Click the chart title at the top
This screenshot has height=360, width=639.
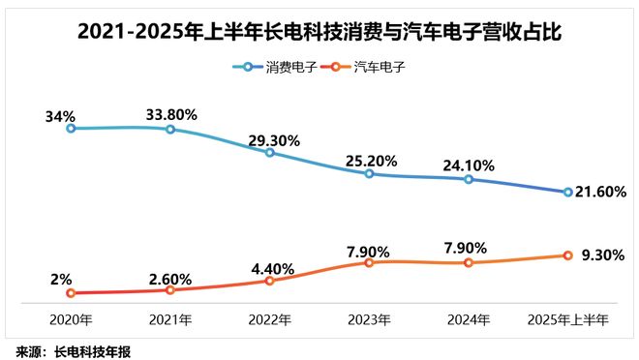(319, 33)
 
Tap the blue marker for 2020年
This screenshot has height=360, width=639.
(70, 128)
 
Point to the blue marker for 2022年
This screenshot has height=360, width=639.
(269, 152)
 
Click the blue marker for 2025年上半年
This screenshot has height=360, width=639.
(567, 192)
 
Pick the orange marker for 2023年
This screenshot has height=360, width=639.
(369, 262)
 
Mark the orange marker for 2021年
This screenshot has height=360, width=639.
(169, 289)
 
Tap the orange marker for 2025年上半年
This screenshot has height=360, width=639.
(567, 255)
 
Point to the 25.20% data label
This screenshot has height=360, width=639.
(369, 160)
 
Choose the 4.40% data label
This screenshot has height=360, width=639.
(271, 267)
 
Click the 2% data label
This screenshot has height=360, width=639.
(59, 278)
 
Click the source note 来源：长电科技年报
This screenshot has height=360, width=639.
(73, 349)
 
